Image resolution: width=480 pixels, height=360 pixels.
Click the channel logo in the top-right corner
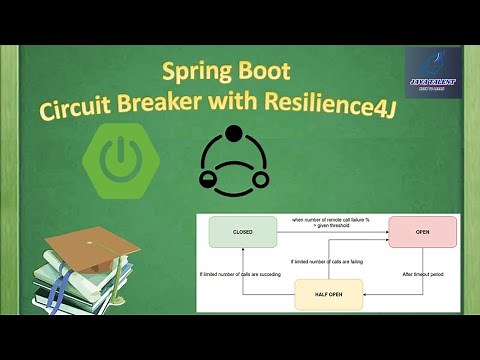[x=432, y=73]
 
